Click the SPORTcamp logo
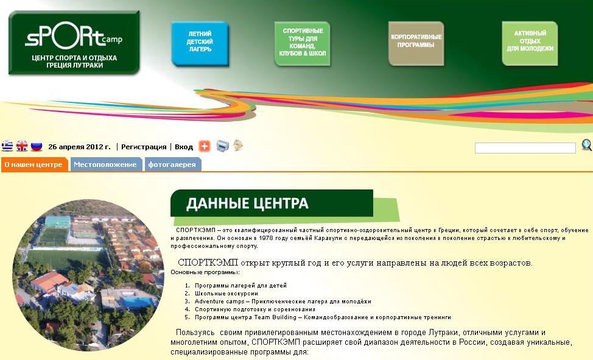tap(74, 43)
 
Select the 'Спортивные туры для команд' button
tap(302, 43)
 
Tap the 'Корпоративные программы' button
tap(416, 43)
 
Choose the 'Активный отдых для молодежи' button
tap(530, 43)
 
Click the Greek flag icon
tap(7, 146)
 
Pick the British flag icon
tap(22, 146)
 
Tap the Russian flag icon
tap(37, 146)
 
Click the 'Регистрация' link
tap(144, 147)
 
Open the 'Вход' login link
tap(184, 147)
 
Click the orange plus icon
tap(205, 146)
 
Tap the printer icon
tap(223, 146)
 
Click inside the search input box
tap(525, 148)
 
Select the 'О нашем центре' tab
tap(34, 164)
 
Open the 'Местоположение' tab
tap(105, 164)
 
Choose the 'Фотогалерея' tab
tap(172, 164)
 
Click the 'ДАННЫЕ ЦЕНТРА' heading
tap(247, 203)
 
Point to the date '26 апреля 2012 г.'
tap(79, 147)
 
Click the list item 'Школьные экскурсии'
tap(226, 294)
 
